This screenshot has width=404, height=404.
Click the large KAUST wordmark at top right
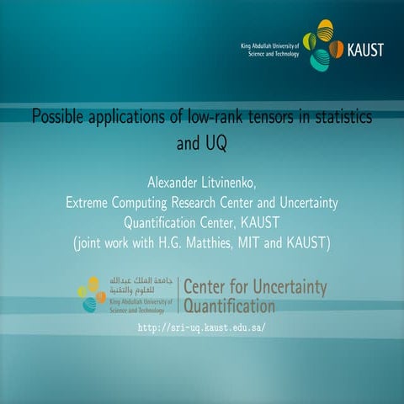click(x=364, y=49)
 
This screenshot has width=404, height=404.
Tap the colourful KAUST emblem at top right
click(x=322, y=48)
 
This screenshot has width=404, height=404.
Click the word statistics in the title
click(x=343, y=116)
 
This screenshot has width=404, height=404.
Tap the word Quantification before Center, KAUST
click(x=165, y=223)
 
